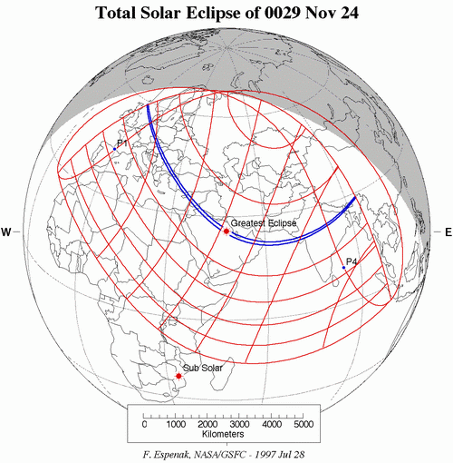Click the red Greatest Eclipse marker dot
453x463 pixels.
pos(226,231)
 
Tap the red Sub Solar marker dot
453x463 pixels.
pos(178,375)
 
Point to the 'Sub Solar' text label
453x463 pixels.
pos(203,368)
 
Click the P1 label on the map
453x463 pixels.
pos(121,143)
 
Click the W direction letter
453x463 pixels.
pos(6,233)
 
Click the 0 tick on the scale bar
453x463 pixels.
pos(145,424)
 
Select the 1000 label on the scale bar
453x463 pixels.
pos(177,424)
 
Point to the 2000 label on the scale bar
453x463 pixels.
pos(208,424)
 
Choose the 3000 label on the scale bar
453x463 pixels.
pos(240,424)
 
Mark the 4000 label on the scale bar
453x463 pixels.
pos(272,424)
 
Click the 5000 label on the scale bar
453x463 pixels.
pos(304,424)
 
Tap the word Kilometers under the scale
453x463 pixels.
pos(224,437)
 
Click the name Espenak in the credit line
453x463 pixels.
pos(182,452)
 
